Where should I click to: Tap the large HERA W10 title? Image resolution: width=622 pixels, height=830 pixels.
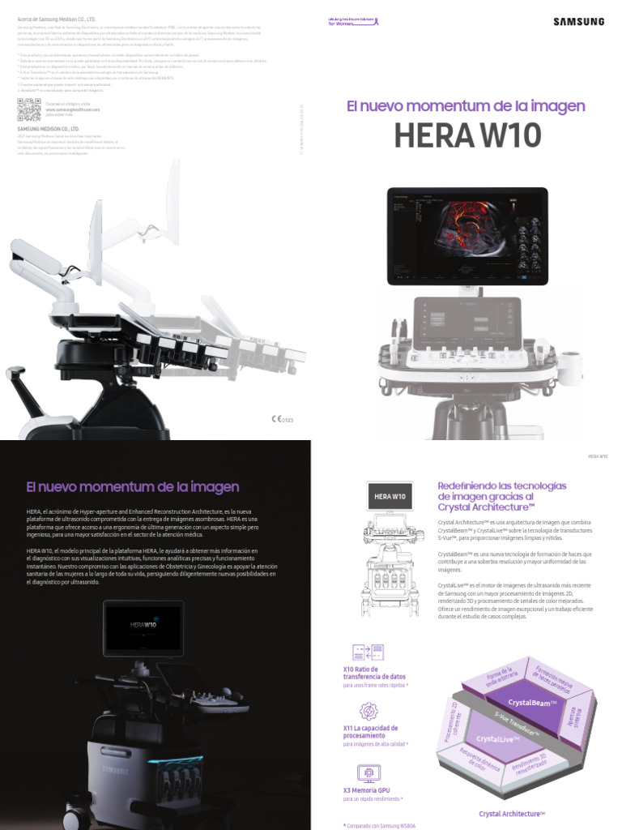[466, 136]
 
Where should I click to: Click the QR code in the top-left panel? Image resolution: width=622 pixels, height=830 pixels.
[28, 109]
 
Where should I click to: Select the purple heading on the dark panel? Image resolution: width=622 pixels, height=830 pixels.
[133, 487]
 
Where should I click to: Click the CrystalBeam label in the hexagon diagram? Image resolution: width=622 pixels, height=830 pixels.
[530, 702]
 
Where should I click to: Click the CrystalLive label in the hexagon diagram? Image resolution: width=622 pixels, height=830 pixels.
[499, 738]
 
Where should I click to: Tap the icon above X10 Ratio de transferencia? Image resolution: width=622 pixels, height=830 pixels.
[368, 653]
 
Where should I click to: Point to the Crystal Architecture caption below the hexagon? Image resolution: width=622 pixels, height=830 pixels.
[512, 813]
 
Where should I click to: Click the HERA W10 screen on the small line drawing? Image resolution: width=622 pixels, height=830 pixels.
[390, 494]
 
